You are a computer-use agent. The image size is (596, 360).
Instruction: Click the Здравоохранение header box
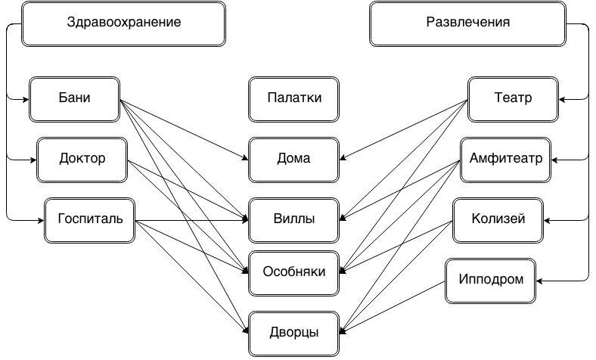(x=124, y=23)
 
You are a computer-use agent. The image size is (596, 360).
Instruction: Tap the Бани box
(x=74, y=98)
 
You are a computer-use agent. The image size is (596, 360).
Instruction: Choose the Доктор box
(x=82, y=160)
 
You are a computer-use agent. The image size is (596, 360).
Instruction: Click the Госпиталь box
(x=89, y=220)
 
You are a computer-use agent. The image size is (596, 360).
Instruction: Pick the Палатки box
(x=293, y=98)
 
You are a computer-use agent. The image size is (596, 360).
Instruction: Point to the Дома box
(x=293, y=160)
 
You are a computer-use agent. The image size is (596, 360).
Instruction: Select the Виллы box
(x=293, y=220)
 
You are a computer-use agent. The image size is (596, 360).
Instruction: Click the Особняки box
(x=293, y=272)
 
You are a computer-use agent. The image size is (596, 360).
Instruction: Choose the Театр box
(x=513, y=98)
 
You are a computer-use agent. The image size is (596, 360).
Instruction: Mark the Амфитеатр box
(x=505, y=160)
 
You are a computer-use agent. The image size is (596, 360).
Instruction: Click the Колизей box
(x=498, y=220)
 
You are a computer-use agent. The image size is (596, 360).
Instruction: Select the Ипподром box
(x=490, y=280)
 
